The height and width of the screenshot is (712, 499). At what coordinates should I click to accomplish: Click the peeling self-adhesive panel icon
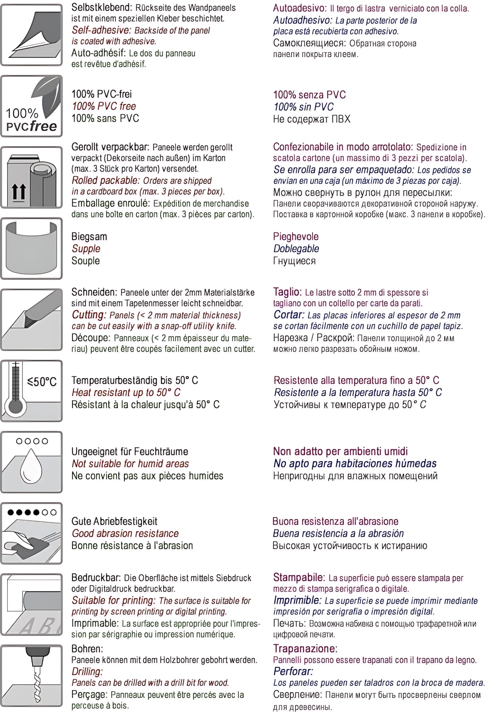click(32, 35)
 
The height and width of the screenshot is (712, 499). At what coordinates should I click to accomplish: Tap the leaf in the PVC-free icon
click(48, 95)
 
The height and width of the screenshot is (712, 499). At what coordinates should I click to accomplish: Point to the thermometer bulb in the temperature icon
click(16, 406)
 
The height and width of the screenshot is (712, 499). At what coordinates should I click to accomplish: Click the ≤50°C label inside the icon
click(42, 382)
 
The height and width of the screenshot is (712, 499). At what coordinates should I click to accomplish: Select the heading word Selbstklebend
click(101, 7)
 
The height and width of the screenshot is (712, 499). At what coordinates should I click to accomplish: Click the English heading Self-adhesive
click(101, 30)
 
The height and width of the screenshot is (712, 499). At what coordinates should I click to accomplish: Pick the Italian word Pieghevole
click(296, 237)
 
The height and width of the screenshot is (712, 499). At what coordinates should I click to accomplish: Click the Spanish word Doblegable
click(296, 249)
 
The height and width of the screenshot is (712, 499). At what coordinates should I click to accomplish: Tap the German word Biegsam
click(89, 237)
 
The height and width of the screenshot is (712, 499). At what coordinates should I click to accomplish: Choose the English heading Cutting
click(88, 315)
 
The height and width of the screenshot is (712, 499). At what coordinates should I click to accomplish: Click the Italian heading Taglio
click(287, 292)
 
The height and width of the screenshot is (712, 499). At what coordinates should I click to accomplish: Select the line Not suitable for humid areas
click(130, 464)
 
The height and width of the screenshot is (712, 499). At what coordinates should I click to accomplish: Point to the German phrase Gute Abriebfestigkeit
click(114, 521)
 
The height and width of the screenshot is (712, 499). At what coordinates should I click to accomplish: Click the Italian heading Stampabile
click(299, 577)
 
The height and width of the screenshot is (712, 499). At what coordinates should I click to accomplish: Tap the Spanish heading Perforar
click(293, 671)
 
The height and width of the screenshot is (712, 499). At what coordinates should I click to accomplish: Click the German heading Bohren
click(87, 649)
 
